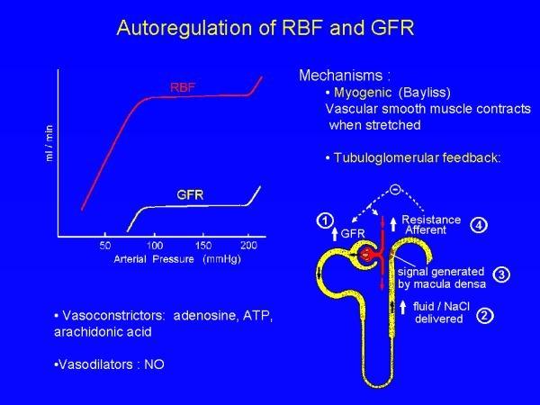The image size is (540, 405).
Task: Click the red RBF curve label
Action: [184, 87]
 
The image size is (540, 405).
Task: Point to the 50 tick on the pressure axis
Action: [105, 244]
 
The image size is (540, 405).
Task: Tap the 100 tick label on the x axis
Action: [154, 244]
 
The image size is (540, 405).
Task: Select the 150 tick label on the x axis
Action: [203, 244]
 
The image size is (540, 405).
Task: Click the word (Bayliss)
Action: [425, 92]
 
